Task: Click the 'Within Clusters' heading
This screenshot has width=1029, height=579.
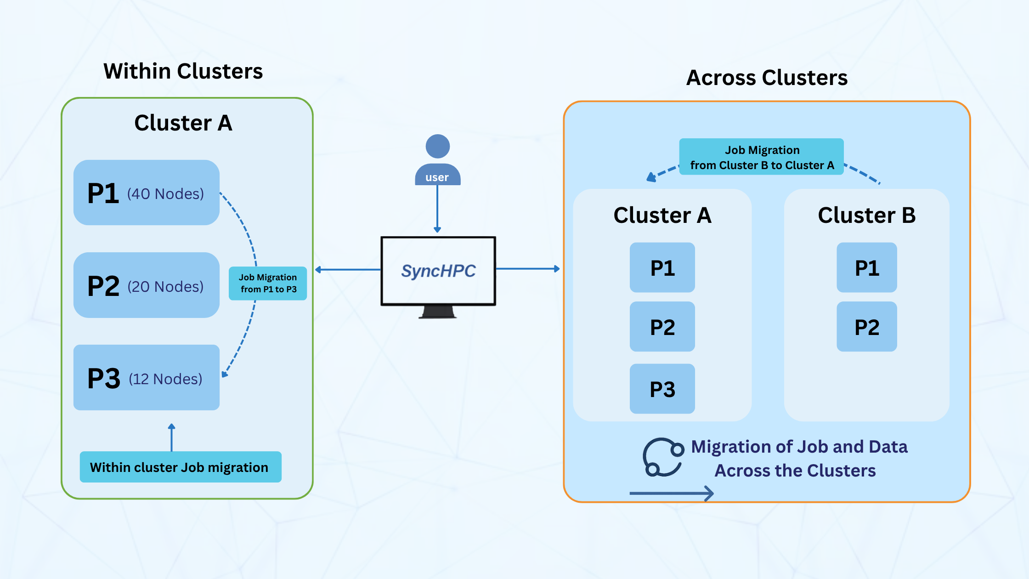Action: [183, 72]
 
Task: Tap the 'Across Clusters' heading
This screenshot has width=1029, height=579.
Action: [766, 78]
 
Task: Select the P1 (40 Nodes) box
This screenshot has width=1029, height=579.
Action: [146, 193]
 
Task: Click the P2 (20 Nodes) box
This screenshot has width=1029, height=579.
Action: [146, 285]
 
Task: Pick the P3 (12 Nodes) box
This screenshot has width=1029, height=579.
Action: [146, 377]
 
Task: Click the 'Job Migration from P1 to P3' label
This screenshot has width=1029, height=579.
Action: [268, 284]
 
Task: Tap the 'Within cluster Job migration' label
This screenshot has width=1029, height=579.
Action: [180, 467]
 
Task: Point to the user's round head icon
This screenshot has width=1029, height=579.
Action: [437, 146]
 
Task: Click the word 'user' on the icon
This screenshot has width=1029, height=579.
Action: [437, 177]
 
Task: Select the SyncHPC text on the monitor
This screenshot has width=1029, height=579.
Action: [438, 271]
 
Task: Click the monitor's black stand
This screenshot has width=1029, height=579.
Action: [438, 312]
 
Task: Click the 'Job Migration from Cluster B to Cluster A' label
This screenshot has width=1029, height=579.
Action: [761, 157]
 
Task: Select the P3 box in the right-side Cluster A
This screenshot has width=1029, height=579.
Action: [662, 389]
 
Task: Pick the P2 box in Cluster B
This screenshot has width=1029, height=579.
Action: [866, 327]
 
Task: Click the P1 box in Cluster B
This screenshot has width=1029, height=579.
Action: [866, 267]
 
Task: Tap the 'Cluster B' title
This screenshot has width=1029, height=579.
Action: [866, 215]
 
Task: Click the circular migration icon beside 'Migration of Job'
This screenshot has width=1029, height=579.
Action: [662, 457]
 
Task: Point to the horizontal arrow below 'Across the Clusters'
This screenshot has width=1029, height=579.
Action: [671, 494]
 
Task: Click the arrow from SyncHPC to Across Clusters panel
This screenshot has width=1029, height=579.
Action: [527, 269]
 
